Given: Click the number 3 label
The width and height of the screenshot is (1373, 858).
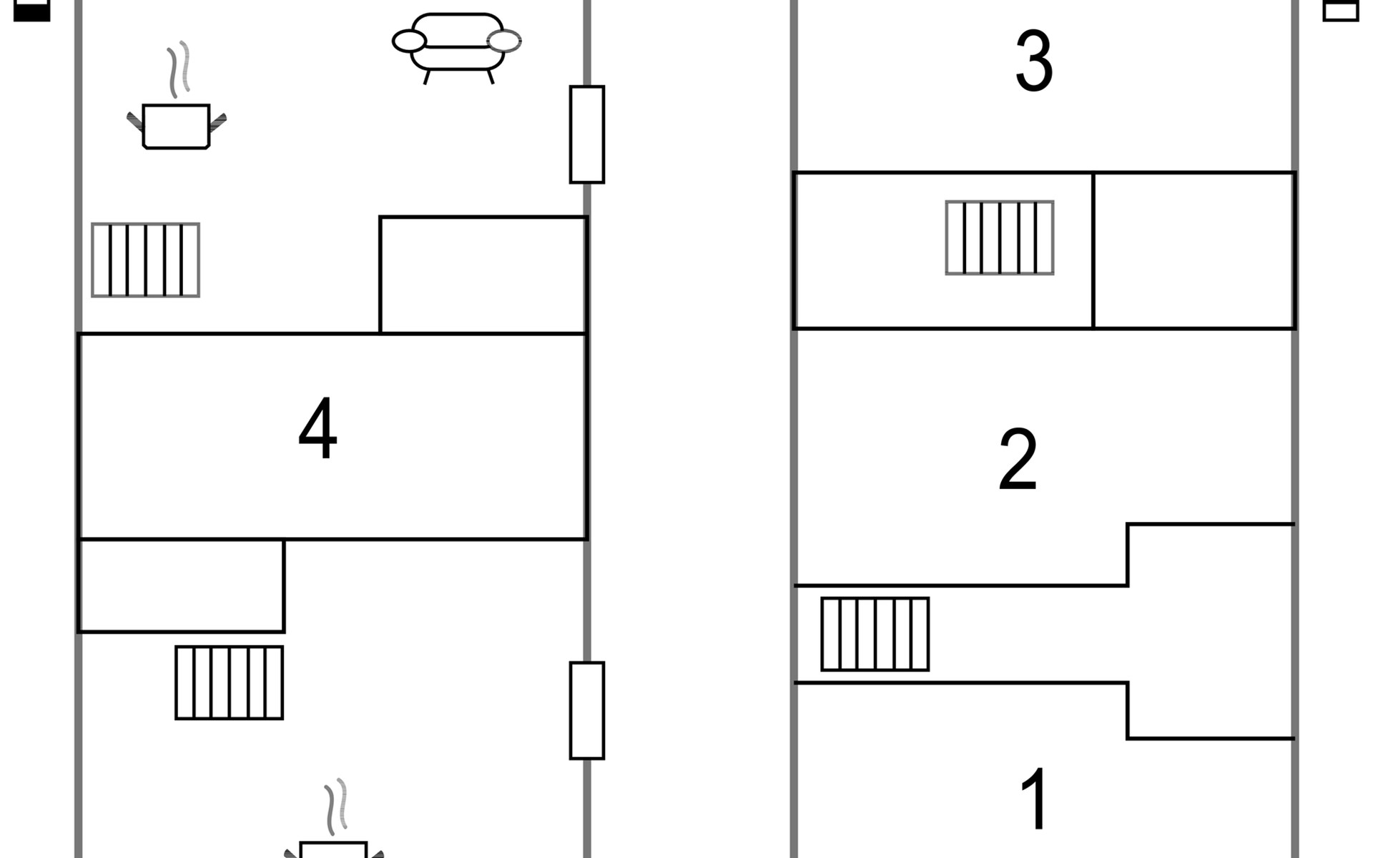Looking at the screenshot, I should point(1034,61).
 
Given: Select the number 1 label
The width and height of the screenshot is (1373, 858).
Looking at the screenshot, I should point(1035,799).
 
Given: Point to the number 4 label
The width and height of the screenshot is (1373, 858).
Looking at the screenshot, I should point(318,429).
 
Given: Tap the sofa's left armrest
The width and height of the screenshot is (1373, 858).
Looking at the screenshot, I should point(409,41).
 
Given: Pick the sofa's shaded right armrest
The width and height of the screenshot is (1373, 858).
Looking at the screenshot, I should point(504,41).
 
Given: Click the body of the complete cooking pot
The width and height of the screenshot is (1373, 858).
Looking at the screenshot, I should point(176,126).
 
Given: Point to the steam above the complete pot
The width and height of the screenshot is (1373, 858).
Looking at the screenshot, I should point(179,69).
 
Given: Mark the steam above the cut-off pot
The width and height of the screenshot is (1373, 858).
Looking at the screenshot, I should point(336,807).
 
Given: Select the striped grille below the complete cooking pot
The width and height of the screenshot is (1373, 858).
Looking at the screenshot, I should point(145,260).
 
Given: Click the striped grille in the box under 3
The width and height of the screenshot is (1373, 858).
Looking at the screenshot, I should point(999,237).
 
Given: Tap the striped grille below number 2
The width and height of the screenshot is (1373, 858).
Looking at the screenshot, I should point(875,633).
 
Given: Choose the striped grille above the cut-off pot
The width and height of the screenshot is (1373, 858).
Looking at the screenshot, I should point(229,682).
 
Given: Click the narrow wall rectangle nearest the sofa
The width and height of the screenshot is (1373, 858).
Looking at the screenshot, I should point(586,134).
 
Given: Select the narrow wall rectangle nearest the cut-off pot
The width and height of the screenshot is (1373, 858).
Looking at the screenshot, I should point(586,710).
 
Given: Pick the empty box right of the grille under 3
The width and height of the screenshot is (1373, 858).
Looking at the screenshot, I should point(1194,250).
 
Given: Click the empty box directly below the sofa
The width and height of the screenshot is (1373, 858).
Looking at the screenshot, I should point(483,275).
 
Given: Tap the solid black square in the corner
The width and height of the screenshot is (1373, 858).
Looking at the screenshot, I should point(32,10).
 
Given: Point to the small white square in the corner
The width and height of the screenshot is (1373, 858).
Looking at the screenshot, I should point(1340,10).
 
